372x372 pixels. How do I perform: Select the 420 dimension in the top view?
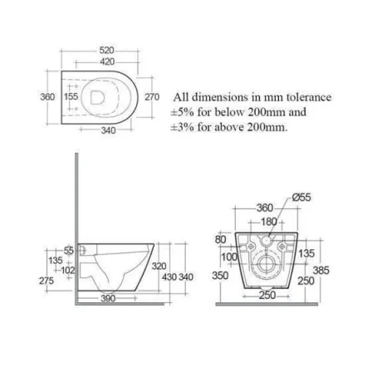click(106, 62)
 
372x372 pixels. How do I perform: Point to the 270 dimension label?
click(152, 96)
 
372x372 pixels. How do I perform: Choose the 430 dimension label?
click(169, 277)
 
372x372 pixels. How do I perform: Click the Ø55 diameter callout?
click(301, 197)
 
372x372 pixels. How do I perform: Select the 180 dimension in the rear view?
click(268, 222)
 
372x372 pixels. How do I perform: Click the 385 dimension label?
click(321, 270)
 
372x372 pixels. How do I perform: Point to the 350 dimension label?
click(220, 274)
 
